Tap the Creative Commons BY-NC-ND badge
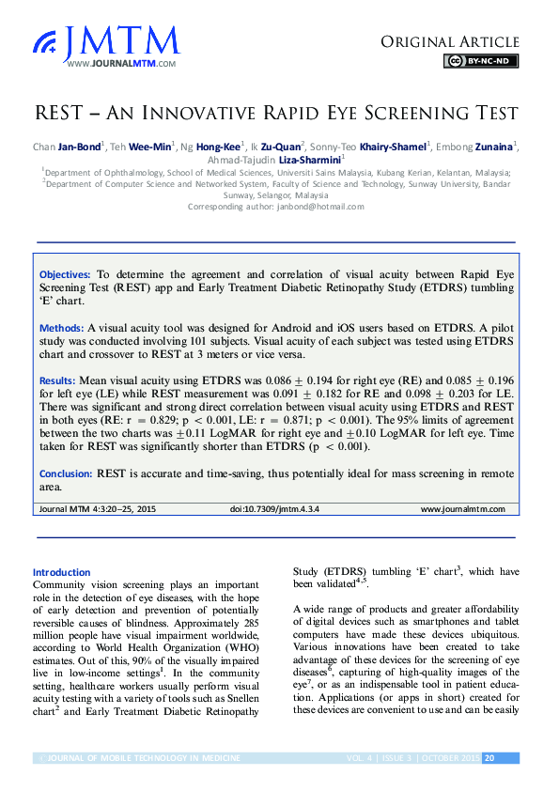(480, 61)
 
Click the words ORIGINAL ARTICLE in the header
(450, 41)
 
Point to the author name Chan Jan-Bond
(69, 147)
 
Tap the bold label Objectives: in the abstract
(65, 273)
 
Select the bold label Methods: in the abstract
(61, 328)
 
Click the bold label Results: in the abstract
(59, 381)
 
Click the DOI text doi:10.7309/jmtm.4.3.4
(274, 509)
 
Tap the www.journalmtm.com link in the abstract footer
(462, 509)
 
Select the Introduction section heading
(61, 572)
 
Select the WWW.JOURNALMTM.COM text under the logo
(122, 63)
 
